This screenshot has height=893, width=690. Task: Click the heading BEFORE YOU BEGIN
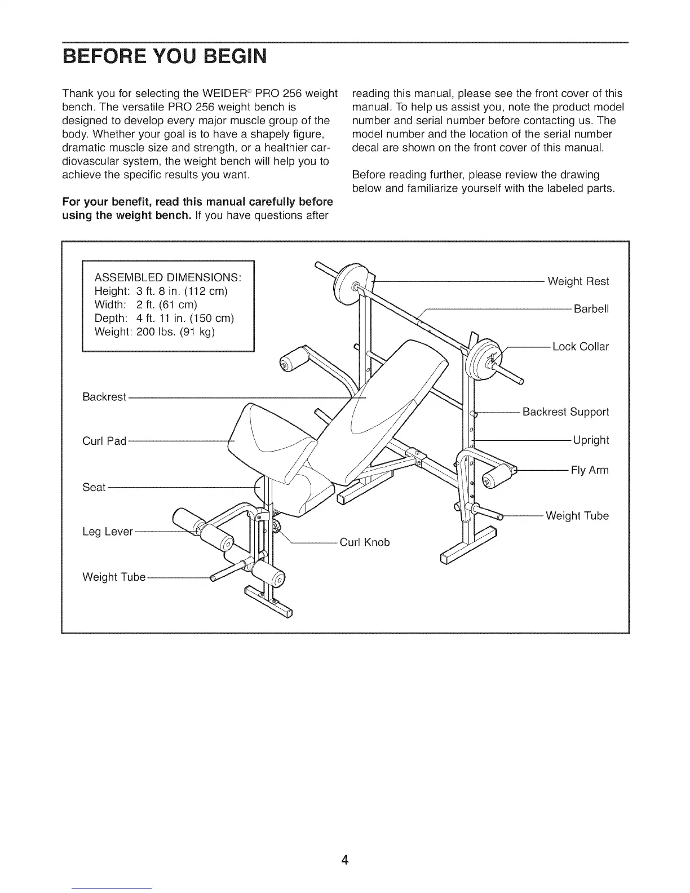point(164,58)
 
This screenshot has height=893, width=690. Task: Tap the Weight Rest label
point(578,281)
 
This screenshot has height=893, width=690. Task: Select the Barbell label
point(591,309)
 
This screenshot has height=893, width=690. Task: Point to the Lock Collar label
point(580,347)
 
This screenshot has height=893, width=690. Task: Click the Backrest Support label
point(565,412)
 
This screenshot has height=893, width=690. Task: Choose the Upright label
point(590,440)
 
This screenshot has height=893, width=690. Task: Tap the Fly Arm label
point(589,470)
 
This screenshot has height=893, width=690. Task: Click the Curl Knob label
point(364,542)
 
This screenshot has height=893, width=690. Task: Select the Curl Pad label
point(104,441)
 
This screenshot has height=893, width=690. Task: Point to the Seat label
point(94,487)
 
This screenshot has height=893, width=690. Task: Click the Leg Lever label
point(108,532)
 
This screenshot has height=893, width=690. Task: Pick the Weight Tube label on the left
point(114,577)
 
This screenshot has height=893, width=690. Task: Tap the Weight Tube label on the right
point(577,516)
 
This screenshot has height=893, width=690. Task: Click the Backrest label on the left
point(104,397)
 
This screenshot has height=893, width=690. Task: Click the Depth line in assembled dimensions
point(163,318)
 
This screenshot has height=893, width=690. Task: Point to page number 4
point(345,860)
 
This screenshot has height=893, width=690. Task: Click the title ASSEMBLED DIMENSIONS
point(168,278)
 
